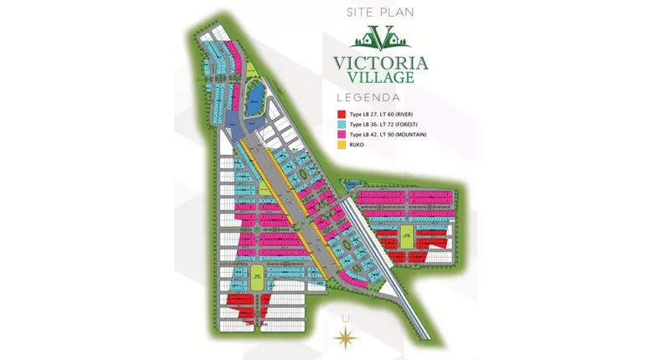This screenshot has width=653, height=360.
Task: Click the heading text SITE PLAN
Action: (381, 13)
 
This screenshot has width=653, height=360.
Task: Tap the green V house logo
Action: (381, 38)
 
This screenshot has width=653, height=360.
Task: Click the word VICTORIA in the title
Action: (380, 63)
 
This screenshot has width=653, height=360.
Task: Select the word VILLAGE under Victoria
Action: (381, 77)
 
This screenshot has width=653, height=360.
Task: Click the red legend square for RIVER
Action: (342, 114)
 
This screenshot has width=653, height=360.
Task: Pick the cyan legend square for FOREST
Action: (342, 124)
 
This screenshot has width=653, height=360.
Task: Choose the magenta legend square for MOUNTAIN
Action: (342, 134)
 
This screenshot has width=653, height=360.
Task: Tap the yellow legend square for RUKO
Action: (342, 144)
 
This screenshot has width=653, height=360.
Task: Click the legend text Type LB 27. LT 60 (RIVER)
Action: (381, 114)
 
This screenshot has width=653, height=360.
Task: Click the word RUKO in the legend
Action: (357, 144)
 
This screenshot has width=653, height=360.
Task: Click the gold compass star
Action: (345, 337)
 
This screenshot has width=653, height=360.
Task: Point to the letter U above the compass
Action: (345, 318)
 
